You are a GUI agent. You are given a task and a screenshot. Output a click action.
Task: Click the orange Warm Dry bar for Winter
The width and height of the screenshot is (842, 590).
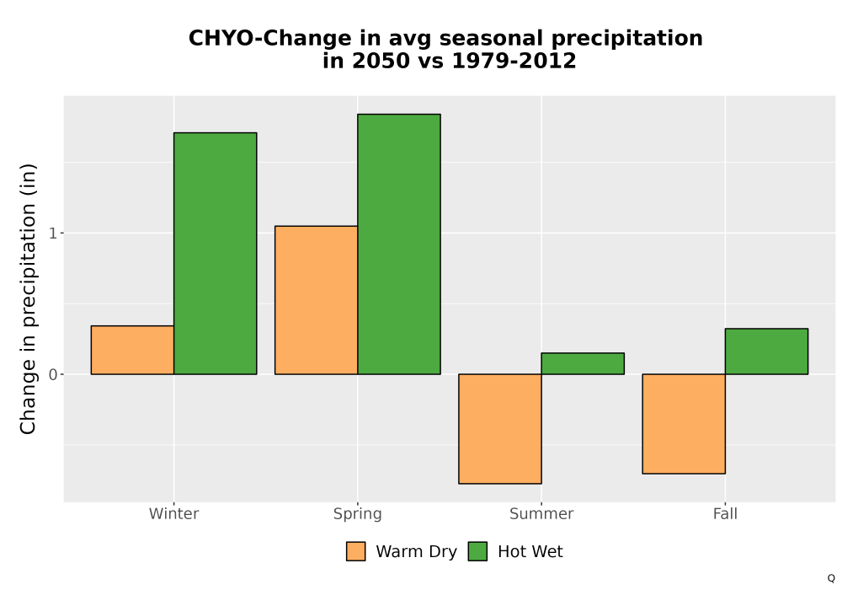pos(133,350)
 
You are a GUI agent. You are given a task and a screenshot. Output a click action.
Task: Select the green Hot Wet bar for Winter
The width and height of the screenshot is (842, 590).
pos(216,253)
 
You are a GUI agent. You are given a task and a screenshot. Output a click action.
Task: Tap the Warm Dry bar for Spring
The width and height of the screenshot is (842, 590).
pos(317,300)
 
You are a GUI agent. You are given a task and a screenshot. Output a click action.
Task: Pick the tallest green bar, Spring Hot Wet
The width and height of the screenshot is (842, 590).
pos(399,244)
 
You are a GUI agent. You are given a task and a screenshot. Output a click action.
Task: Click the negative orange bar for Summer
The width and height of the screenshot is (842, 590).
pos(500,429)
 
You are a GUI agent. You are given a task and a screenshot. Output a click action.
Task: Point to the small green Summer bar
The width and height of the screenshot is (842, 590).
pos(583,363)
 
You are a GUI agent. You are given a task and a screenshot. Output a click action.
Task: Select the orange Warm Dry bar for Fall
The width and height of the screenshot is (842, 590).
pos(684,424)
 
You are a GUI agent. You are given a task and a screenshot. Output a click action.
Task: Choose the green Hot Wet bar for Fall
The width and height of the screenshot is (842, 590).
pos(766,351)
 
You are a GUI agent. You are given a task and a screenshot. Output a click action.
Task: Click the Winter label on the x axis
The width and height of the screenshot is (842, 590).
pos(174,514)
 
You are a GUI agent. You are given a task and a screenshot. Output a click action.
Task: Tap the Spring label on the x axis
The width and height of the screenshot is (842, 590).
pos(358,514)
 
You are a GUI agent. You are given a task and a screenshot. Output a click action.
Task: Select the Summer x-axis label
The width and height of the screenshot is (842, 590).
pos(541,514)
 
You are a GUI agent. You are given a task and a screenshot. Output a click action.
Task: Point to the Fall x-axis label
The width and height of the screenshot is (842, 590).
pos(725,514)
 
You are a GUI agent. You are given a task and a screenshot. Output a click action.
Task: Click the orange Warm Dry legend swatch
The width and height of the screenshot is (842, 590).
pos(355,551)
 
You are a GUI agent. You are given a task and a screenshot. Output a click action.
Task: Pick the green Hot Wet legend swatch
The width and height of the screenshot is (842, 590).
pos(477,551)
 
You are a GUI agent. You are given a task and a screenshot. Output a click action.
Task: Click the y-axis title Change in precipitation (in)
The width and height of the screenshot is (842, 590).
pos(28,298)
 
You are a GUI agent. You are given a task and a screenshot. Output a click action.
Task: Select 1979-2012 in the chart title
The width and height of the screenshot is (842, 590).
pos(514,61)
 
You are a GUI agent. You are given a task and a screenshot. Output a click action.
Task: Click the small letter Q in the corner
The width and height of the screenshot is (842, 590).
pos(831,578)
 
